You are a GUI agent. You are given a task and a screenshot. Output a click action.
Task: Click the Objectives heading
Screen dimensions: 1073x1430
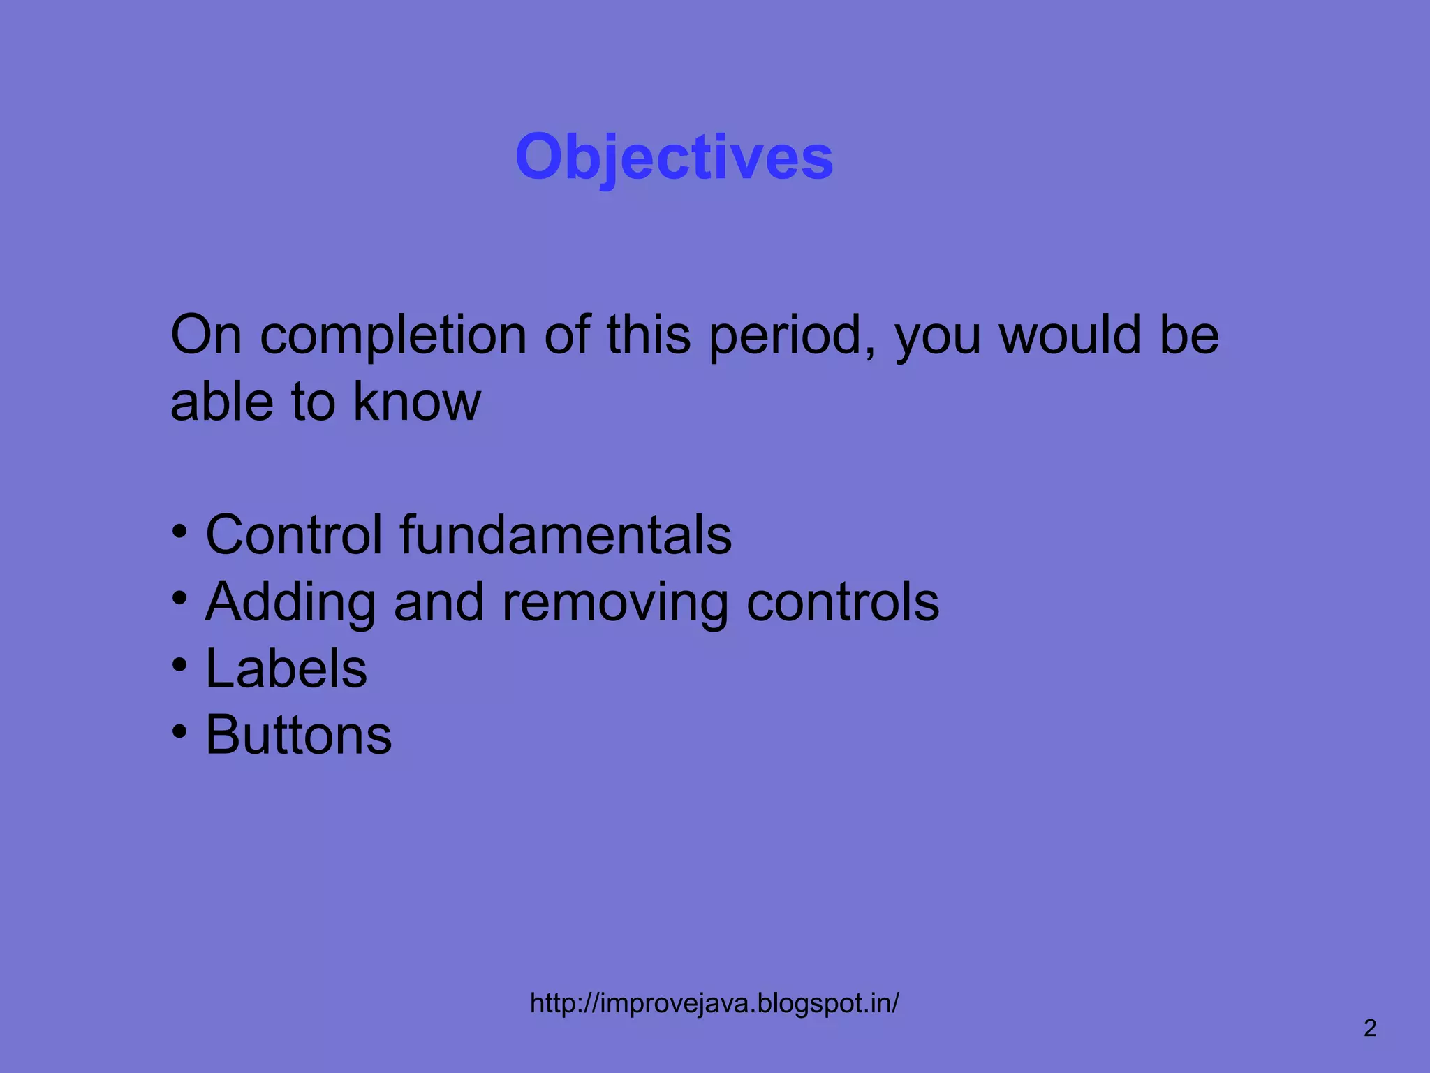tap(674, 157)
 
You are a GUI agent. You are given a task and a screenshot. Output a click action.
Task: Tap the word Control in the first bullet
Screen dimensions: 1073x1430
tap(293, 535)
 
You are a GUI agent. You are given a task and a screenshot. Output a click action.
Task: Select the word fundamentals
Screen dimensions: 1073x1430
tap(566, 535)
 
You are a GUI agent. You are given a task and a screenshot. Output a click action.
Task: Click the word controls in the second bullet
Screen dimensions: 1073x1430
tap(842, 602)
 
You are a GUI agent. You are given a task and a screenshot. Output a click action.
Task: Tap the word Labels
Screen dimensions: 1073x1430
tap(286, 669)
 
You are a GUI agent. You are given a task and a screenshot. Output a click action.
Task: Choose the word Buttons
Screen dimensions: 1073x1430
tap(299, 735)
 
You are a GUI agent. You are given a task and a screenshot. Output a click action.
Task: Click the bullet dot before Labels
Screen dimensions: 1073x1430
tap(180, 664)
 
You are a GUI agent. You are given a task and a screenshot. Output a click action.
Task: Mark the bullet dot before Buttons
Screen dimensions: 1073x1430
tap(180, 731)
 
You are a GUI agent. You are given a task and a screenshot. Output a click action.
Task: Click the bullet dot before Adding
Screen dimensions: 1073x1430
tap(180, 598)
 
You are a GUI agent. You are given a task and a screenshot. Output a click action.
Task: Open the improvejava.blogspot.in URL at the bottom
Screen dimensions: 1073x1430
tap(714, 1003)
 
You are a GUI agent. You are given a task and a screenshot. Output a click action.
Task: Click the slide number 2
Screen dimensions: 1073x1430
tap(1370, 1028)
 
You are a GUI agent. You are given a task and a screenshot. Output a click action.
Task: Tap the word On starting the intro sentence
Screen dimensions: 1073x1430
tap(206, 335)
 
